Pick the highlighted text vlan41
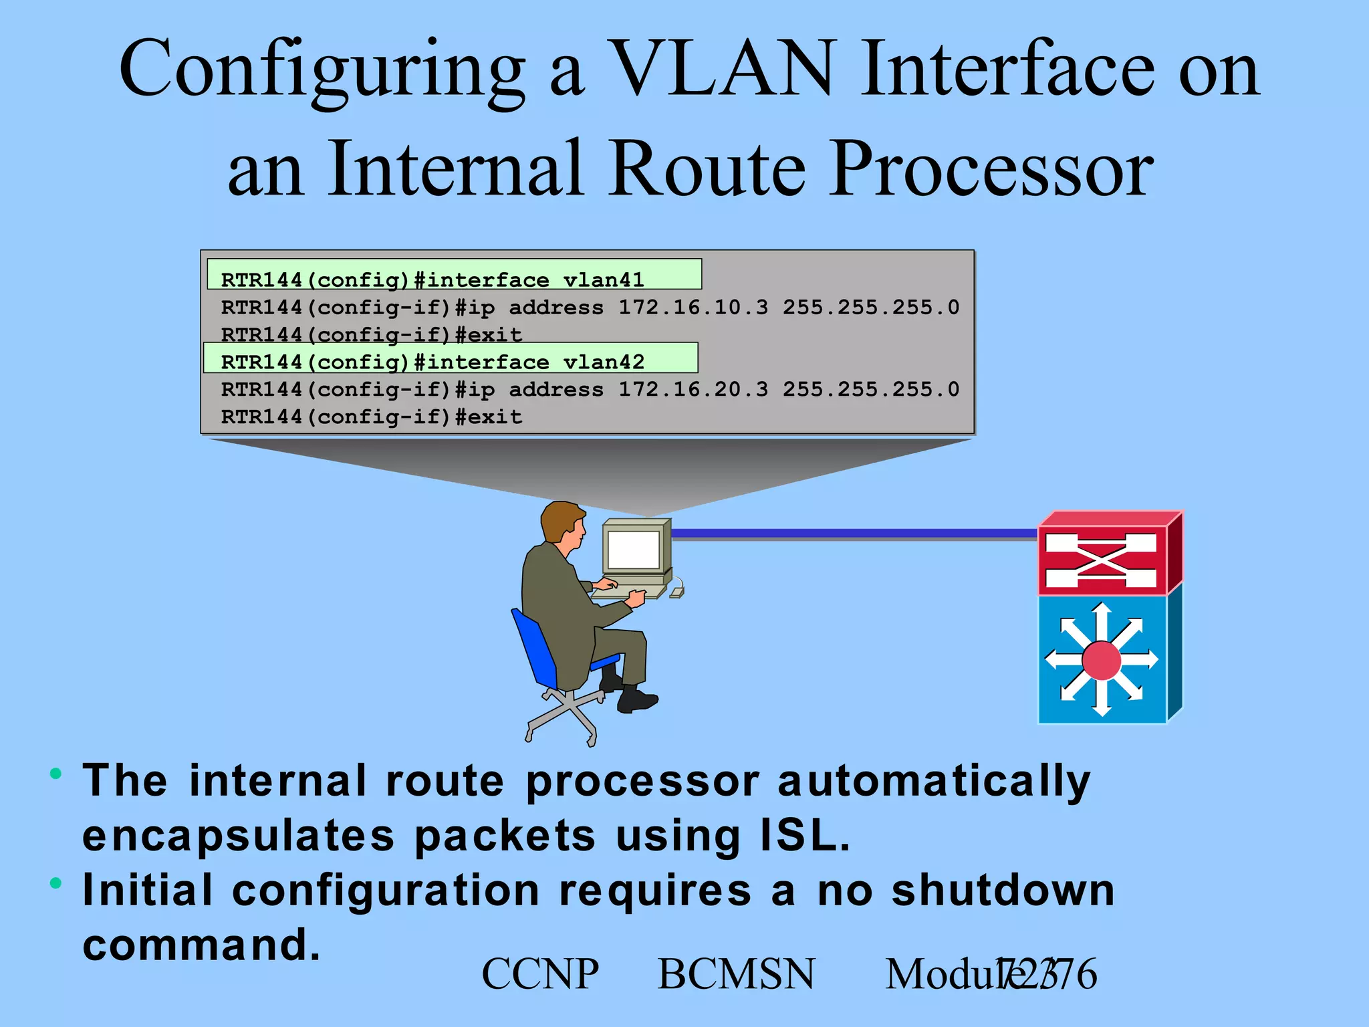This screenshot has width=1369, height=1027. point(603,279)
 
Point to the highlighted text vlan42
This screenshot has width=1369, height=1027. point(603,362)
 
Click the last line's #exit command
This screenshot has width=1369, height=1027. point(489,417)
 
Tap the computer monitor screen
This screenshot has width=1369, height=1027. point(633,549)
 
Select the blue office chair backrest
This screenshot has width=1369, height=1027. point(535,645)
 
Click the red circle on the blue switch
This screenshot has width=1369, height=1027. point(1101,660)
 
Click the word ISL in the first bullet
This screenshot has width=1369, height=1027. point(803,836)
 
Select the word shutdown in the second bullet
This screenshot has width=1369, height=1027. point(1003,891)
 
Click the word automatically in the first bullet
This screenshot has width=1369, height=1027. point(934,781)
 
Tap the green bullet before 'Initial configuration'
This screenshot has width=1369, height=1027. point(56,883)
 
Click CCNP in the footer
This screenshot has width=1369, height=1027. point(540,974)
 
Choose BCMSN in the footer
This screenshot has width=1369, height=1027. point(736,974)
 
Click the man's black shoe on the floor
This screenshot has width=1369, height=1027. point(636,701)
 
